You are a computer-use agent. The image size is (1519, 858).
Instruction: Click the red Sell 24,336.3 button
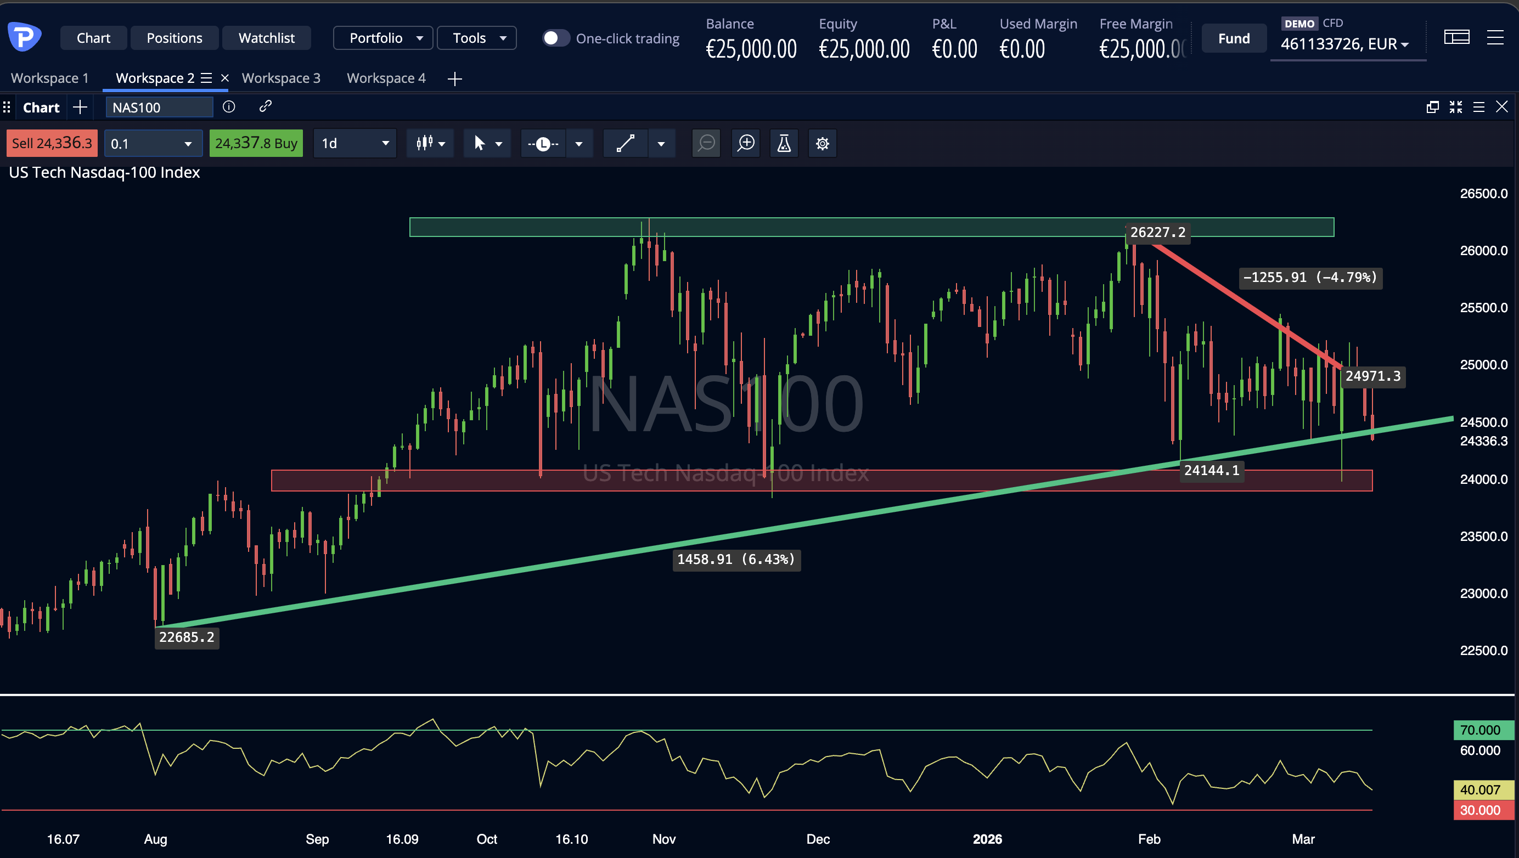click(52, 143)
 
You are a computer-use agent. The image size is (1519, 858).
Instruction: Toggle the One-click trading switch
click(555, 38)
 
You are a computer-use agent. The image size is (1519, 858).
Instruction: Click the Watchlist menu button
click(267, 38)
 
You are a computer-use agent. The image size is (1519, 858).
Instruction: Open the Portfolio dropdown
click(383, 38)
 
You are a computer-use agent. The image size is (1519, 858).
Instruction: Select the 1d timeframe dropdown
click(355, 143)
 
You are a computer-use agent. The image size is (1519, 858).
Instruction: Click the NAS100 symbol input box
click(159, 108)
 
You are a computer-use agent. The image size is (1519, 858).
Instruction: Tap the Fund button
click(1234, 38)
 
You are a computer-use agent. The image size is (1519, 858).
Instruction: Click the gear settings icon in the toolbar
click(822, 143)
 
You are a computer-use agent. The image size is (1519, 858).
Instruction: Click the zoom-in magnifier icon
click(746, 143)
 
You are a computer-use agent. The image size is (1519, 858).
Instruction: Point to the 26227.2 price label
click(1157, 232)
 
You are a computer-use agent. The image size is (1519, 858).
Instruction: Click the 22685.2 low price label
click(187, 637)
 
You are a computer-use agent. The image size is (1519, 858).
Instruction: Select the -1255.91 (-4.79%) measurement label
click(1310, 278)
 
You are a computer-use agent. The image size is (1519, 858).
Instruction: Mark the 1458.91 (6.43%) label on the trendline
click(736, 559)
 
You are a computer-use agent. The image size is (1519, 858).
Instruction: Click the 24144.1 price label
click(1212, 470)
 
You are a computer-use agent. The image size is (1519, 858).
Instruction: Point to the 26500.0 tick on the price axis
click(1483, 193)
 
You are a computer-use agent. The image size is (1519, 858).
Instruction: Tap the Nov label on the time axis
click(664, 839)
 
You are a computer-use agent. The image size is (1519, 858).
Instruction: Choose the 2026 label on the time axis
click(987, 839)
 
